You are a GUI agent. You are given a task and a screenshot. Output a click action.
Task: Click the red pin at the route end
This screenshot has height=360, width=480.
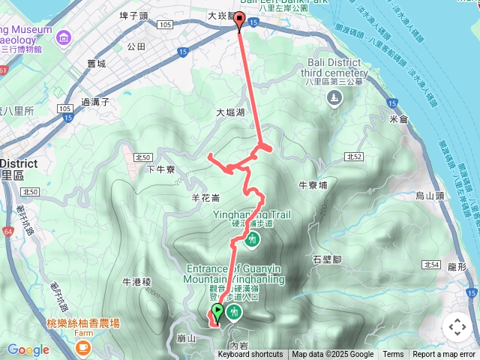[x=240, y=22]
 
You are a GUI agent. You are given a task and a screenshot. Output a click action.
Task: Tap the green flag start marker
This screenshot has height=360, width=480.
[x=217, y=311]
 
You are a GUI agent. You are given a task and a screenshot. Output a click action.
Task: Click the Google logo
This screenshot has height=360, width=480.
[x=28, y=349]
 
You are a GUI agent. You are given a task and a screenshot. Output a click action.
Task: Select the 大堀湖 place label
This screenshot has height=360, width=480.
[x=231, y=113]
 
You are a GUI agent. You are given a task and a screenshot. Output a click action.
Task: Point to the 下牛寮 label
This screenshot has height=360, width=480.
[x=161, y=170]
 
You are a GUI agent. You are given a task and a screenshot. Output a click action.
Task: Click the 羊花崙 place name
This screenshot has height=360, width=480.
[x=205, y=199]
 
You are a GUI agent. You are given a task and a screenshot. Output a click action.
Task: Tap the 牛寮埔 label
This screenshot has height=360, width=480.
[x=313, y=184]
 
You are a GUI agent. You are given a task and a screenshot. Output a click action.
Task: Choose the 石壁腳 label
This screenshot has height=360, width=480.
[x=327, y=259]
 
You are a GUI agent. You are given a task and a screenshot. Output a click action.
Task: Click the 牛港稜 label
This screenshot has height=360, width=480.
[x=137, y=282]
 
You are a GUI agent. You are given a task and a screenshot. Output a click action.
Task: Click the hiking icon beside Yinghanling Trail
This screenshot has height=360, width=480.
[x=252, y=240]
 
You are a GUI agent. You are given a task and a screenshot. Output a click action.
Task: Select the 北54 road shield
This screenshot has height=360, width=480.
[x=430, y=265]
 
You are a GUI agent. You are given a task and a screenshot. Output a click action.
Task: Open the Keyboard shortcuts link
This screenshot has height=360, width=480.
[x=250, y=355]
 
